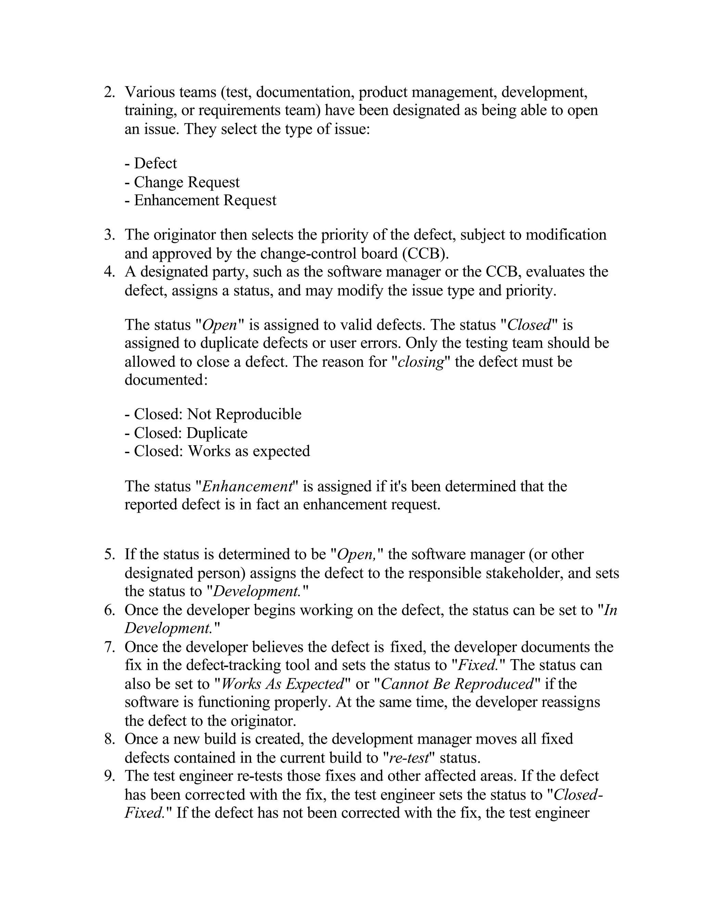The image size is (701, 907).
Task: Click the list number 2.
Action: (109, 92)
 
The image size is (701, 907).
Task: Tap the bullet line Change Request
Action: (182, 182)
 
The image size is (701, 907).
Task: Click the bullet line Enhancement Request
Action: (200, 200)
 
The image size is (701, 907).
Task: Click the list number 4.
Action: (109, 272)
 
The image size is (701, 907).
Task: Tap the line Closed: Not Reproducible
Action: (213, 414)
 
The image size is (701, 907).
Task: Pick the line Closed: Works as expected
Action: (217, 451)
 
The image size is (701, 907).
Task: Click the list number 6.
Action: (109, 610)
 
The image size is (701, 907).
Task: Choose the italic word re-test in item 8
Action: (409, 757)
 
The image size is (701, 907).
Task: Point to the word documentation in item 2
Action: (304, 92)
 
